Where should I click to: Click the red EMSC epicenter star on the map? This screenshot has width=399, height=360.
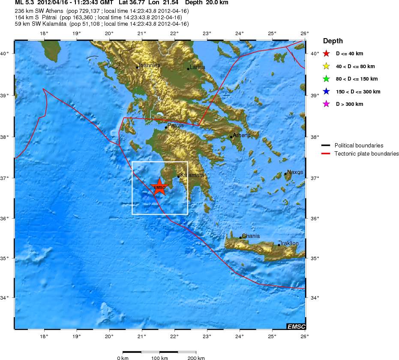pyautogui.click(x=159, y=187)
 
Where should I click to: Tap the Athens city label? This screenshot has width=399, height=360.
pyautogui.click(x=241, y=135)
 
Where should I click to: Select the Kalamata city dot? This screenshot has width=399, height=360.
pyautogui.click(x=178, y=176)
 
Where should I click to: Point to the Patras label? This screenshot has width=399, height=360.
pyautogui.click(x=175, y=126)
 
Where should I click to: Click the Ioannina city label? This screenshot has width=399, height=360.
pyautogui.click(x=150, y=66)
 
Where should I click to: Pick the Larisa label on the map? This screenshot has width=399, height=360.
pyautogui.click(x=198, y=67)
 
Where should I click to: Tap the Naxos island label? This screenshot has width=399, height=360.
pyautogui.click(x=295, y=172)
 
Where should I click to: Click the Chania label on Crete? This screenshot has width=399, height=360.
pyautogui.click(x=251, y=236)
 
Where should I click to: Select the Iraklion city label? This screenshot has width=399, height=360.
pyautogui.click(x=289, y=243)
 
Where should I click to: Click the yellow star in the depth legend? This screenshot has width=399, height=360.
pyautogui.click(x=326, y=66)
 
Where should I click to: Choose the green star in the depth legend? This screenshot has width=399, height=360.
pyautogui.click(x=326, y=79)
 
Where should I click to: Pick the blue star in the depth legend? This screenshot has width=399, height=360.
pyautogui.click(x=326, y=92)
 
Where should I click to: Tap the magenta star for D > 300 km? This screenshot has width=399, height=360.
pyautogui.click(x=326, y=104)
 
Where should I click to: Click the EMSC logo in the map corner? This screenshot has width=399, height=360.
pyautogui.click(x=296, y=327)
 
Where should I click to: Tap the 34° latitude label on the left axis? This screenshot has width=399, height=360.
pyautogui.click(x=6, y=297)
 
